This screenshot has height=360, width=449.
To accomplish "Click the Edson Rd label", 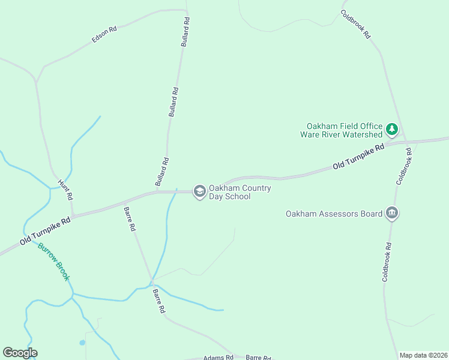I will click(104, 35).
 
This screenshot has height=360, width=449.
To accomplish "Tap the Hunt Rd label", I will click(65, 189).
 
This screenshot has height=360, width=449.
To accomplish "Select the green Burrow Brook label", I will click(54, 262).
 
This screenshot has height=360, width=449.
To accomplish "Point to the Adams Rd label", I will click(218, 358).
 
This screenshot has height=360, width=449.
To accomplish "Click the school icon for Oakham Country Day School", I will click(199, 191).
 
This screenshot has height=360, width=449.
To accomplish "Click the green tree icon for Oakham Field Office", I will click(392, 129).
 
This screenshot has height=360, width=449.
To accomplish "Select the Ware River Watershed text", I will click(341, 134).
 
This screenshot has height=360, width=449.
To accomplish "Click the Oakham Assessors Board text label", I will click(334, 214).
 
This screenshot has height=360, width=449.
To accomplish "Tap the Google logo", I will click(20, 353).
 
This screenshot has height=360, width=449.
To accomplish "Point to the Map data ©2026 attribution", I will click(423, 355).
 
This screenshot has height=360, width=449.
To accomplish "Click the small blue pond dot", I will click(82, 343).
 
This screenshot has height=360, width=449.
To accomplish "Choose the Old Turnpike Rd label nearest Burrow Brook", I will click(45, 230).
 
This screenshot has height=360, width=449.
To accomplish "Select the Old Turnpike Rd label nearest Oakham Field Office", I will click(358, 156).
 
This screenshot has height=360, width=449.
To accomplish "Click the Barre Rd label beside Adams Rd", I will click(258, 358).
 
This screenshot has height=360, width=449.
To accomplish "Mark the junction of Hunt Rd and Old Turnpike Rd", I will click(73, 215).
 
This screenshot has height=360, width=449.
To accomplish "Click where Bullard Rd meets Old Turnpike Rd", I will click(157, 192).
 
